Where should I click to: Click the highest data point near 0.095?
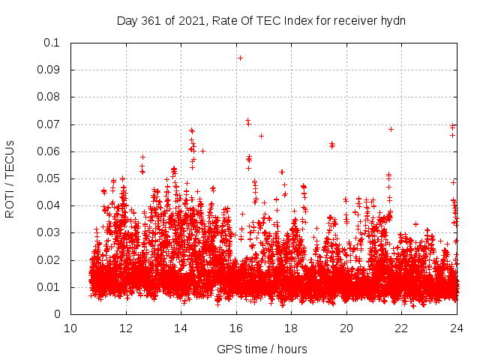(240, 58)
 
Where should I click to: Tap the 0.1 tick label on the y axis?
(52, 43)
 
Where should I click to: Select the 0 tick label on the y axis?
(56, 314)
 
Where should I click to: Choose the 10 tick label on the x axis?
(70, 328)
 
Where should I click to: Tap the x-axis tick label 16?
(236, 328)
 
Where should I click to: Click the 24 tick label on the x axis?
(457, 328)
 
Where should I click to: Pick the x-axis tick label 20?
(346, 328)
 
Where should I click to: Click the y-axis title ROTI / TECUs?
(10, 178)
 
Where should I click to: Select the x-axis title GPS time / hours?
(262, 349)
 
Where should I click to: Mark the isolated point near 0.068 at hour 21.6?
(391, 129)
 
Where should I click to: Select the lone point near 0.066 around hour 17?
(261, 136)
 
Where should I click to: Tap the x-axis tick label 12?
(126, 328)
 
